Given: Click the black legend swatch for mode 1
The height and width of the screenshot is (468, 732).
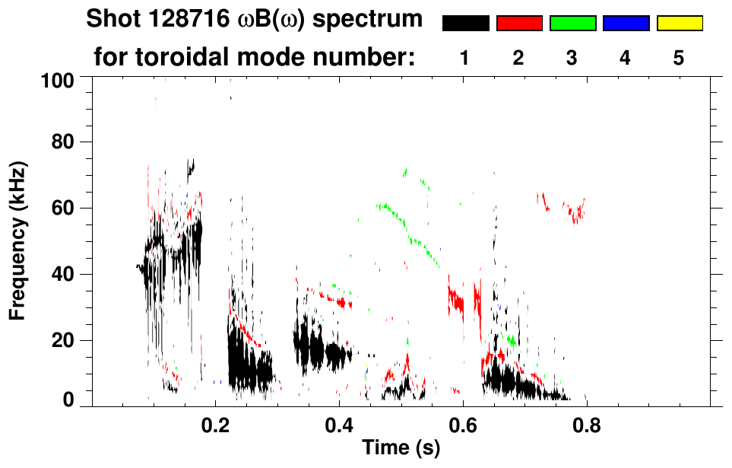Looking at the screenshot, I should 466,24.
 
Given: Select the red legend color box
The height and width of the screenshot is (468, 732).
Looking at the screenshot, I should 519,24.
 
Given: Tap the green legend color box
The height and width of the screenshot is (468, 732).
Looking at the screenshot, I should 572,24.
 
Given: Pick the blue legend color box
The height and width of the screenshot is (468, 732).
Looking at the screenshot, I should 626,24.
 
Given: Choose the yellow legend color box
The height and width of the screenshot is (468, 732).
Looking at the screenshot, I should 679,24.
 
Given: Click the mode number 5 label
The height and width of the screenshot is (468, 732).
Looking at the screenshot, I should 679,58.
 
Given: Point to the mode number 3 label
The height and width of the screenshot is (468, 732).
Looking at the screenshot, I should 572,58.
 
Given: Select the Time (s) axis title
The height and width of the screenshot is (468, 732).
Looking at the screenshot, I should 400,448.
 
